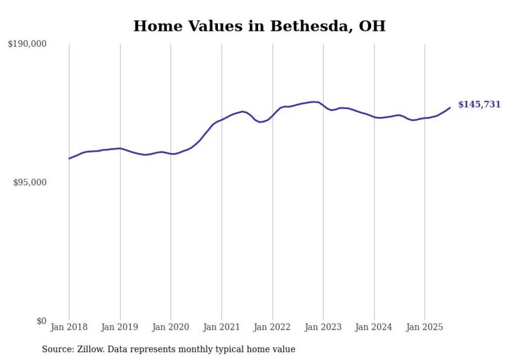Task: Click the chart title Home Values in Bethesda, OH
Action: (x=259, y=26)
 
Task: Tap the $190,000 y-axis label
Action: (x=27, y=44)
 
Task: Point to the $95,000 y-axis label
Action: (x=29, y=182)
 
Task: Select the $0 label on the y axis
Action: (x=41, y=321)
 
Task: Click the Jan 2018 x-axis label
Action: (x=69, y=327)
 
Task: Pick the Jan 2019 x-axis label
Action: (x=120, y=327)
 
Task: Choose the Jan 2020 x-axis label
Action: (x=171, y=327)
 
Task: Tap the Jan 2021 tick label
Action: (x=222, y=327)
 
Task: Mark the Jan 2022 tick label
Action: (x=272, y=327)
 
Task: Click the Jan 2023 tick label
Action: (x=323, y=327)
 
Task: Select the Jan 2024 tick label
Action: (x=374, y=327)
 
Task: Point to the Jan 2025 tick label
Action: (x=425, y=327)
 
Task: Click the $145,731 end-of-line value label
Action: (x=479, y=105)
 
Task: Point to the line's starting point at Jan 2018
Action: (x=69, y=158)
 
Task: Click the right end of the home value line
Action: (x=450, y=108)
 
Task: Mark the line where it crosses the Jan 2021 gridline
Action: (x=222, y=119)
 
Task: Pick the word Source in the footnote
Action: (x=56, y=350)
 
